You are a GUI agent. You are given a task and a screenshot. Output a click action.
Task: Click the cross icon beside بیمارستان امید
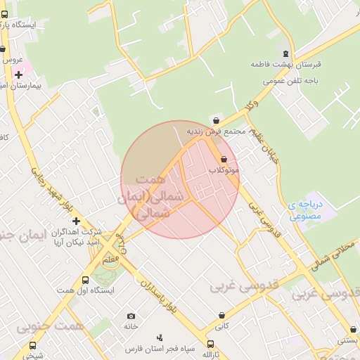(x=18, y=75)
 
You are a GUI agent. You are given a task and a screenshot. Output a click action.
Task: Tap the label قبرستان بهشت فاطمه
(x=286, y=64)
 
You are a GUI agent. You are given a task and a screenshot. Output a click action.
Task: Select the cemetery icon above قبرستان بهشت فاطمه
(x=285, y=53)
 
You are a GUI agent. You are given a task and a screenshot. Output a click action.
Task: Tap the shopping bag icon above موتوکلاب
(x=224, y=160)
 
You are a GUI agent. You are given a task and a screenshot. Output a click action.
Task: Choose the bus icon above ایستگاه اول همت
(x=85, y=280)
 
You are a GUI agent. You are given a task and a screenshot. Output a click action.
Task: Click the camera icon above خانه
(x=131, y=316)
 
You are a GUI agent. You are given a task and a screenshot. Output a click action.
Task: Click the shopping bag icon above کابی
(x=221, y=315)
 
